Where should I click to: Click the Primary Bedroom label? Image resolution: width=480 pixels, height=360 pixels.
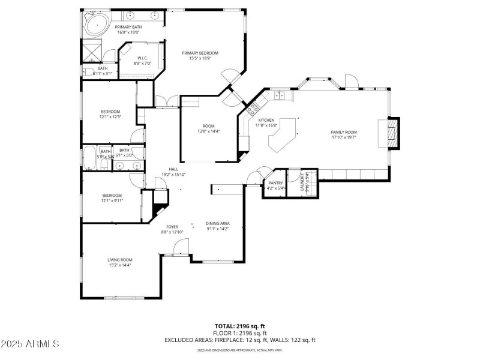point(200,53)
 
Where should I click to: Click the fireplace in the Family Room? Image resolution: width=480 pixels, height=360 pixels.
point(391,133)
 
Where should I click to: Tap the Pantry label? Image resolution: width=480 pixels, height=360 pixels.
point(275,182)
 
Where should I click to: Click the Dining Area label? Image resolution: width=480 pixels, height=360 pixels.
point(218,223)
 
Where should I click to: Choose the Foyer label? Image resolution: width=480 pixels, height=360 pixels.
point(171,227)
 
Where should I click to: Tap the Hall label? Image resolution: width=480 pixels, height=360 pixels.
point(173,169)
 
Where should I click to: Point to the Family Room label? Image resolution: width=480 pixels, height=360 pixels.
point(344,131)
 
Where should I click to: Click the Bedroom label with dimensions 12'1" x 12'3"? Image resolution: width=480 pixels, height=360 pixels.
point(110,111)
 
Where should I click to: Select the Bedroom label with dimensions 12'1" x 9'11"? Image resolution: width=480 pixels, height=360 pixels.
point(112,195)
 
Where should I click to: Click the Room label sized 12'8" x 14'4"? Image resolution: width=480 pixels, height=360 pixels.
point(208,126)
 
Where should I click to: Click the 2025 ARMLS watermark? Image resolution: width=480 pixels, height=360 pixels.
point(30,344)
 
